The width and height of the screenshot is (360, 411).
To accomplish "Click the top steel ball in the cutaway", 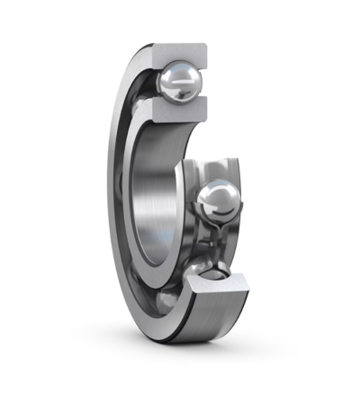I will (179, 83).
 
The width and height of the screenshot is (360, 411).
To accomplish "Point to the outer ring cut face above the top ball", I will (176, 52).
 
